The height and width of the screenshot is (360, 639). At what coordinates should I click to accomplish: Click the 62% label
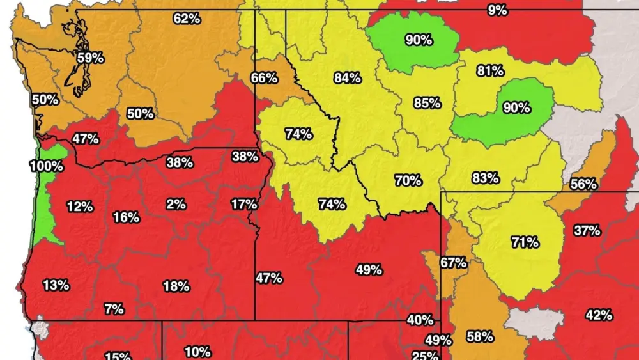(x=187, y=19)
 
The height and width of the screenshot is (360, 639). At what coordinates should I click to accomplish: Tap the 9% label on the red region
(x=497, y=10)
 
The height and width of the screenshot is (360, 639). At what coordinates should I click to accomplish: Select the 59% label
(x=90, y=58)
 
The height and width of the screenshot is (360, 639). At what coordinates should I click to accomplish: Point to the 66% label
(x=264, y=78)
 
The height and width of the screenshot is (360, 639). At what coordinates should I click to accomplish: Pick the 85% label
(x=427, y=102)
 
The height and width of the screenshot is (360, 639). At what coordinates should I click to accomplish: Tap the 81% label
(x=490, y=71)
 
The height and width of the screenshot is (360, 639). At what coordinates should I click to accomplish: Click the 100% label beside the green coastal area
(x=46, y=166)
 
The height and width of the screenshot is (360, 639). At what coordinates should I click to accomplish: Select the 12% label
(x=79, y=207)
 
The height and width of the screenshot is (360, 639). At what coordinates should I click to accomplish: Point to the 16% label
(x=126, y=217)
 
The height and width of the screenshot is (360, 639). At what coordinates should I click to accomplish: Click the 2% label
(x=176, y=204)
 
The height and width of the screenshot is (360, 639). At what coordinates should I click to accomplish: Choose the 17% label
(x=244, y=204)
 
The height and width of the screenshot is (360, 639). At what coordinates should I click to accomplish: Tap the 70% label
(x=408, y=180)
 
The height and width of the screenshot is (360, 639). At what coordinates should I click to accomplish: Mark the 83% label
(x=485, y=178)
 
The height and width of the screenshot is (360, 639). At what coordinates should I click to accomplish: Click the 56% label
(x=583, y=184)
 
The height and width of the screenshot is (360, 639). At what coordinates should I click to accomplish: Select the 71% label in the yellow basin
(x=525, y=242)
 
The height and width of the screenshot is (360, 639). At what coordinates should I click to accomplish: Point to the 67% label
(x=453, y=262)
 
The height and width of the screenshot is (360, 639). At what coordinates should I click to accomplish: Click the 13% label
(x=56, y=285)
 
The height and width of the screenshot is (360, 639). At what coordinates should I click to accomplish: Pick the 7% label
(x=114, y=309)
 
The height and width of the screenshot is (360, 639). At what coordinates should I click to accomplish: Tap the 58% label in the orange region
(x=479, y=336)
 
